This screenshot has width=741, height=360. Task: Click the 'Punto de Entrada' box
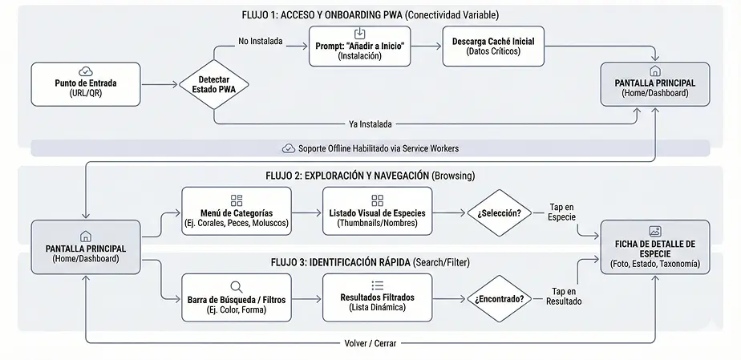point(85,84)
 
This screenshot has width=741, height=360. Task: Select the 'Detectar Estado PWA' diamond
point(213,84)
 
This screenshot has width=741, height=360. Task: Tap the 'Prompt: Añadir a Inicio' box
point(359,47)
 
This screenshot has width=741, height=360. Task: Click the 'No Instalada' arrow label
point(261,41)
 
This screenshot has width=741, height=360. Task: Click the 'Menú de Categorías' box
point(237,212)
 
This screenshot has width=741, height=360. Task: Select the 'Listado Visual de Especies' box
point(377,212)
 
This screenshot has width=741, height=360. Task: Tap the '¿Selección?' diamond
point(499,213)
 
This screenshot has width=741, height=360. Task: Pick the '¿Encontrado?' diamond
point(499,298)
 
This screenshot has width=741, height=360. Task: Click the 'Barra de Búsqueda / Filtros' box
point(237,297)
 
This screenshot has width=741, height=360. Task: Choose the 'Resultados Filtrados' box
point(377,297)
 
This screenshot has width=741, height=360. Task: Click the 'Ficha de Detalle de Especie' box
point(654,248)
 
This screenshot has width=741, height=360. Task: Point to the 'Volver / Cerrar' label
point(370,343)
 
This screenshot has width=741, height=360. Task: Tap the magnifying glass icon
point(237,285)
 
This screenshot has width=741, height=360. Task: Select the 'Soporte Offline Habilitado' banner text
point(378,148)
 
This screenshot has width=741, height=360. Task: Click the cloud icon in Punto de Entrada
point(86,72)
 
